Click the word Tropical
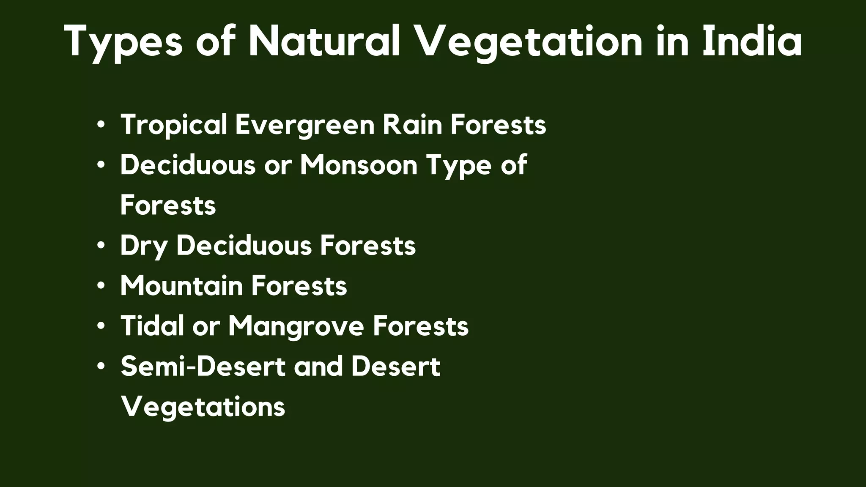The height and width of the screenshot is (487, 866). [174, 125]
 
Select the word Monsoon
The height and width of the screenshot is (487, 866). [359, 165]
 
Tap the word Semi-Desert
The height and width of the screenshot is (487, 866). [203, 366]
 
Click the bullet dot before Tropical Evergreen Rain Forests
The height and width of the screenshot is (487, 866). [100, 125]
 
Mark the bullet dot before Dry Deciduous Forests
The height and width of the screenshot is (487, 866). [100, 246]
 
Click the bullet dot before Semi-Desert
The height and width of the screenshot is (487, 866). [100, 367]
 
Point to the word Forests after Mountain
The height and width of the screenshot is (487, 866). [299, 286]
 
